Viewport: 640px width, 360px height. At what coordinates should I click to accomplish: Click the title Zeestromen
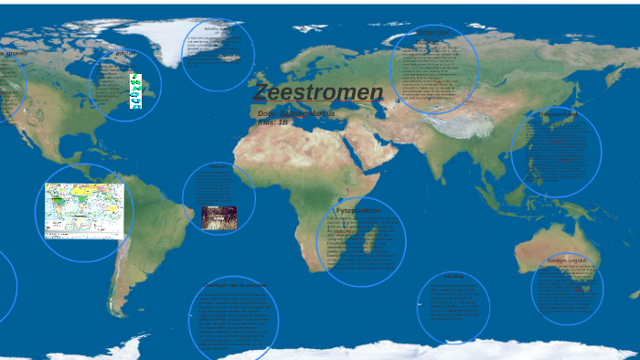pos(317,92)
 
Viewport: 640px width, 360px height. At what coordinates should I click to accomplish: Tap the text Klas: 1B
pos(273,122)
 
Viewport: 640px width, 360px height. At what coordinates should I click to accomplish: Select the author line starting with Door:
pos(296,113)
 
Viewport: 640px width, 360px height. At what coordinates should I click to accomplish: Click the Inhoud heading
pos(125,54)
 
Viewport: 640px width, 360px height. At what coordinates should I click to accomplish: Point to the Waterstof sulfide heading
pos(432,37)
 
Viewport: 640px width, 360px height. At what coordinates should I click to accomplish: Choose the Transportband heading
pos(557,114)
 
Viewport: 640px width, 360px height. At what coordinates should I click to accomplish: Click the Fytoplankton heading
pos(358,210)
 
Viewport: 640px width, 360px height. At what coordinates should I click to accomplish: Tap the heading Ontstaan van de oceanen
pos(234,285)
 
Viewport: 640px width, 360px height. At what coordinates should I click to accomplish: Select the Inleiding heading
pos(219,166)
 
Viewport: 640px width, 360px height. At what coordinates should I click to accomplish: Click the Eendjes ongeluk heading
pos(567,260)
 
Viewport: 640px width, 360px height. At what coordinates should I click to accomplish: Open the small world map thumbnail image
pos(84,210)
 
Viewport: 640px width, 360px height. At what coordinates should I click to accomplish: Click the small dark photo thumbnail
pos(219,217)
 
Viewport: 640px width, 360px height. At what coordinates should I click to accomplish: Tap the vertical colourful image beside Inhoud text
pos(136,91)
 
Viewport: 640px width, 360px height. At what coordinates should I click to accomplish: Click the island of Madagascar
pos(372,243)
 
